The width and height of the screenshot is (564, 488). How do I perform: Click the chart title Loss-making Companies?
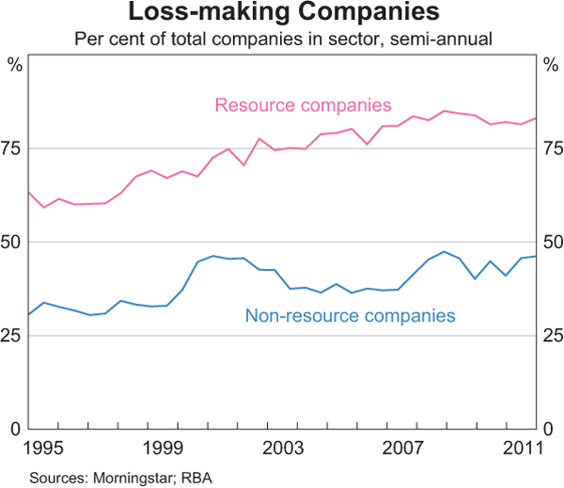282,13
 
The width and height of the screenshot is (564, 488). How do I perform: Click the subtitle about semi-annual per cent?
282,39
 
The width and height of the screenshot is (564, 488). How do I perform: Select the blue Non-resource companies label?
350,316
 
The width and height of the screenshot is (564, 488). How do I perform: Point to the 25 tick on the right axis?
551,336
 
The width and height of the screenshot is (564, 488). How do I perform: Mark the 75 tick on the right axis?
551,149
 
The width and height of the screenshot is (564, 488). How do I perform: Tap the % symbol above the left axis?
13,65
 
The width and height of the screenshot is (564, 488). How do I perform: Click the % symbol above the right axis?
550,65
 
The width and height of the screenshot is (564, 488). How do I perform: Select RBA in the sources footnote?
197,478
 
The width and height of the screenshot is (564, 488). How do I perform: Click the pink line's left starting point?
29,192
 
